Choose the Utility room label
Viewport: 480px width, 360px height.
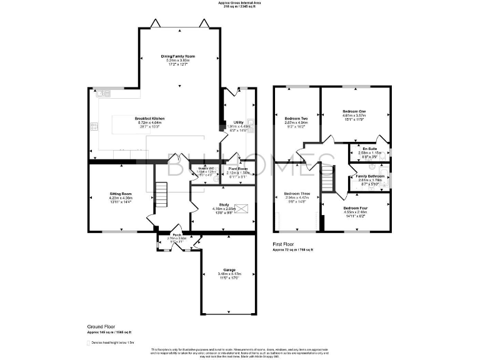pos(238,122)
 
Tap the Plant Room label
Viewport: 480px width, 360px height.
pos(238,169)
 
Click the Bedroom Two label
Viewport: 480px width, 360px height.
pos(296,118)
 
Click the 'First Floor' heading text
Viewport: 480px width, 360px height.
pos(285,244)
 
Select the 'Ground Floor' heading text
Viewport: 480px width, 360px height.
pos(100,327)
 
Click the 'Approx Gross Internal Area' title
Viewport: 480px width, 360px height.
pos(240,2)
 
